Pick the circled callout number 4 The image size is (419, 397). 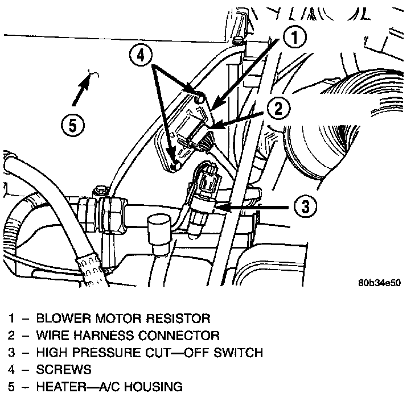click(x=141, y=56)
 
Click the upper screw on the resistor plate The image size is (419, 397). click(x=199, y=99)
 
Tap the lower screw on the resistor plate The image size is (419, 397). click(x=175, y=166)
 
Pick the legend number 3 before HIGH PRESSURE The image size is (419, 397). click(x=12, y=352)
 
